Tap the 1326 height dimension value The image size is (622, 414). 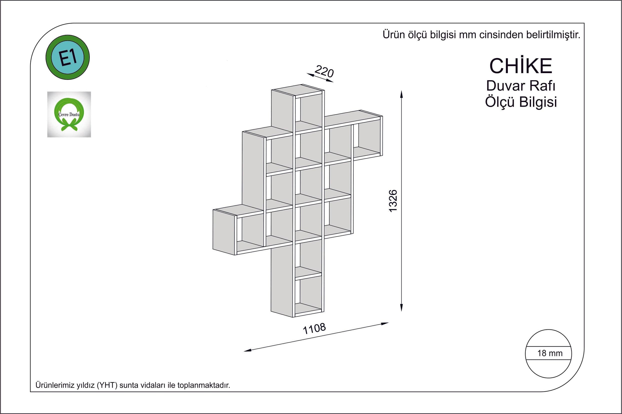[x=393, y=201]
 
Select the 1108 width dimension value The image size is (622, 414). [x=314, y=329]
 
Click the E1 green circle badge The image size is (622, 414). [x=68, y=58]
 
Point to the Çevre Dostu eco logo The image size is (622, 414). [x=69, y=114]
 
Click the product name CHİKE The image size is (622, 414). [x=521, y=66]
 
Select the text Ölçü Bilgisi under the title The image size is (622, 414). [x=521, y=102]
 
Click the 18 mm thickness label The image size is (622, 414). [x=550, y=353]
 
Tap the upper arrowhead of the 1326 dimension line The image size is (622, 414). [x=401, y=95]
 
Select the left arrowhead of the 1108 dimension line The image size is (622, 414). [x=247, y=350]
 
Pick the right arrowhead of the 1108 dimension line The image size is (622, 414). [x=385, y=323]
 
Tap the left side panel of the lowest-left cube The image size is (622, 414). [x=224, y=232]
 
